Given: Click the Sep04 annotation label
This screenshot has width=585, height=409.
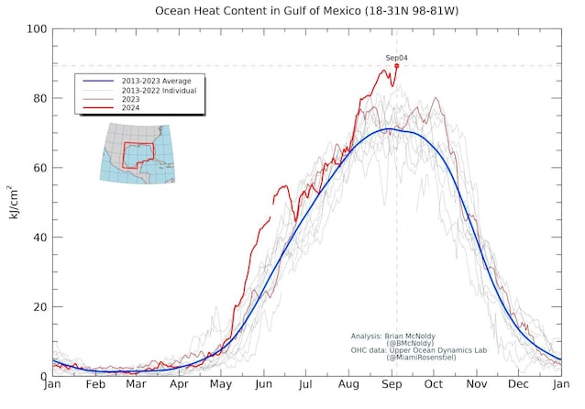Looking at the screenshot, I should (396, 58).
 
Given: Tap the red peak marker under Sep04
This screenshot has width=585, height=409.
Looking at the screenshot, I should (396, 66).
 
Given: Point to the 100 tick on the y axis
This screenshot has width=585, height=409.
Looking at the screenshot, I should (38, 29).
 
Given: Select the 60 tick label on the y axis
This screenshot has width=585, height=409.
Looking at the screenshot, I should (40, 168).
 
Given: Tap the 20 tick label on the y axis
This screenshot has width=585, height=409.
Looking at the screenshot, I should (40, 307).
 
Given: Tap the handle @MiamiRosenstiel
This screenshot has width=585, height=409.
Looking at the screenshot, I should (424, 358).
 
